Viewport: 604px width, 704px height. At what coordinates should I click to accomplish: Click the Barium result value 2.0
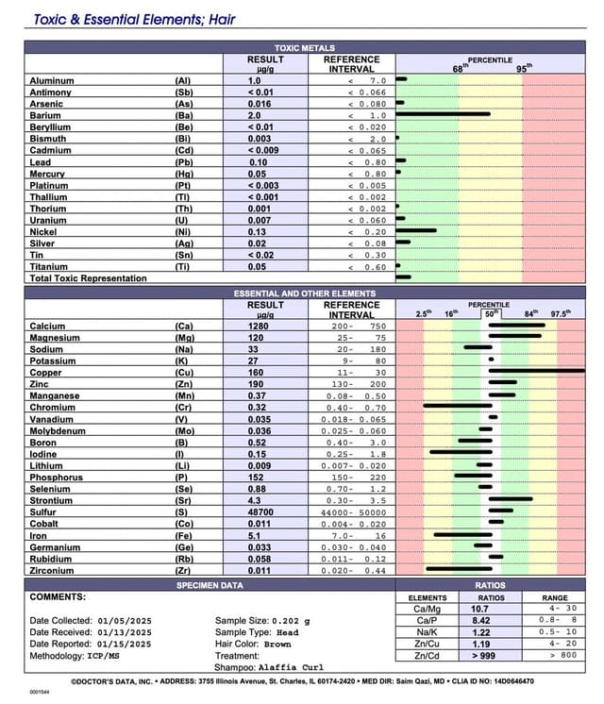[241, 115]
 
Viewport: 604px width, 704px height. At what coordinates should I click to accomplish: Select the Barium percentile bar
[444, 115]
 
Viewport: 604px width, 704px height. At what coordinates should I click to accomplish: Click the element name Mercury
[47, 174]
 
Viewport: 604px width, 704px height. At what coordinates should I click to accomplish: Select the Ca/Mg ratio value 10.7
[479, 610]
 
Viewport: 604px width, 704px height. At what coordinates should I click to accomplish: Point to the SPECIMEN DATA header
[210, 586]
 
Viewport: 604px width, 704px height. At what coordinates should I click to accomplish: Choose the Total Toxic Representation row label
[88, 278]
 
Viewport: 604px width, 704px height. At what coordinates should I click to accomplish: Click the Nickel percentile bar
[417, 231]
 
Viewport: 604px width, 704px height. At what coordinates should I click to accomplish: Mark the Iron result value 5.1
[241, 535]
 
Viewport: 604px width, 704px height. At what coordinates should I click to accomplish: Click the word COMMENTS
[58, 597]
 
